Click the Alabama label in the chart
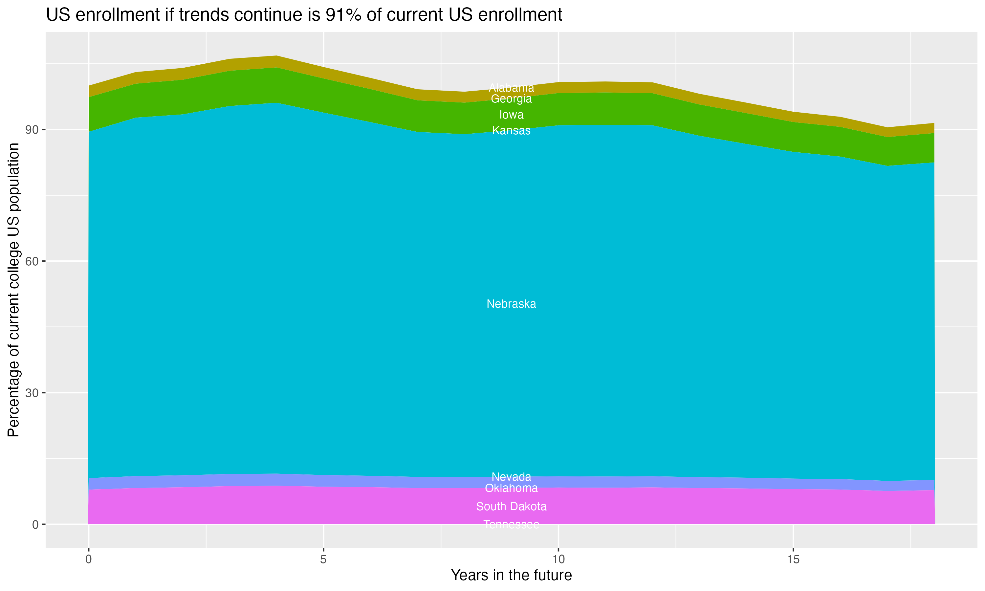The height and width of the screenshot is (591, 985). (511, 88)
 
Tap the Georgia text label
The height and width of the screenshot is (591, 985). (511, 99)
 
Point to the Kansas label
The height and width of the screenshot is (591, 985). (511, 131)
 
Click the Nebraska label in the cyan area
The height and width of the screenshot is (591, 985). (511, 304)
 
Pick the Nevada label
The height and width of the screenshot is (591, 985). (511, 477)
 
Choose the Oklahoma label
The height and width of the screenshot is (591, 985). (511, 488)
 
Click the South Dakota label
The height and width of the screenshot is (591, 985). (511, 507)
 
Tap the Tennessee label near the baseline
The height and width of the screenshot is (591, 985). (511, 524)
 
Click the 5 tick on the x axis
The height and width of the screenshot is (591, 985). (323, 559)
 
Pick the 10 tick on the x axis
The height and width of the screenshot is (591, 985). (558, 559)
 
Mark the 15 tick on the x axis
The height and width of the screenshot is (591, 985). (793, 559)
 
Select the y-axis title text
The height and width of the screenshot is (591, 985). (13, 290)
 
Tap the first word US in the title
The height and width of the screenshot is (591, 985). (58, 15)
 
